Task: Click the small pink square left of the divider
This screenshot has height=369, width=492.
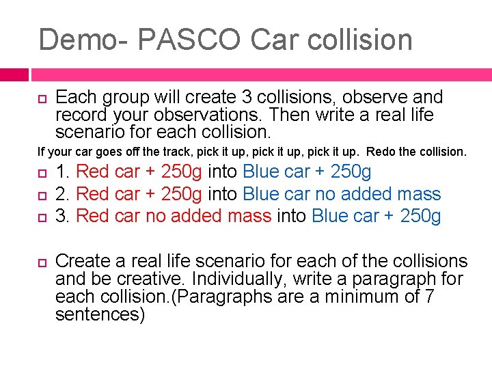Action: (x=14, y=73)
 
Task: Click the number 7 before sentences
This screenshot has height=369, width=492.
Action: (x=430, y=297)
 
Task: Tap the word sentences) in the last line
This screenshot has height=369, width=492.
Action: (x=100, y=314)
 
